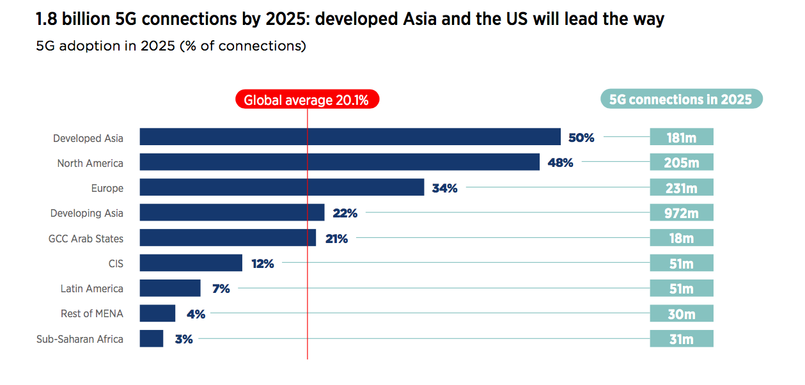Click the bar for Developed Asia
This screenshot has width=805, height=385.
350,137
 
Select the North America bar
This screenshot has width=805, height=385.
340,162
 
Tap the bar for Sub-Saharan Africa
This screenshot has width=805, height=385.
152,339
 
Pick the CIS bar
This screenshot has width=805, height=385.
191,263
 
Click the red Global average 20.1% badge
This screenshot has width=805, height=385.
308,100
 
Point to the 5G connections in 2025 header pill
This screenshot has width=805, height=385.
681,99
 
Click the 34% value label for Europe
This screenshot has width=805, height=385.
444,188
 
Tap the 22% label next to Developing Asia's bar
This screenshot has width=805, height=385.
345,213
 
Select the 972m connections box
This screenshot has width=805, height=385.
681,213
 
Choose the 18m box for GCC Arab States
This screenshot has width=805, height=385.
681,238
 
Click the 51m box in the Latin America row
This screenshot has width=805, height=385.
681,288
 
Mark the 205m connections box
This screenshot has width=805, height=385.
681,162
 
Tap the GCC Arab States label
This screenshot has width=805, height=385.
86,239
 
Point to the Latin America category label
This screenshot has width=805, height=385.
91,288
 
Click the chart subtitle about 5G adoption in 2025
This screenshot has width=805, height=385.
171,47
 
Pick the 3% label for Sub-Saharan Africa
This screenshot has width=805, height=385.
184,339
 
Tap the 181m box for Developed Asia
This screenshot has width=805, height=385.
681,137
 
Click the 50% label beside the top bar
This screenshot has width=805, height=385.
581,137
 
